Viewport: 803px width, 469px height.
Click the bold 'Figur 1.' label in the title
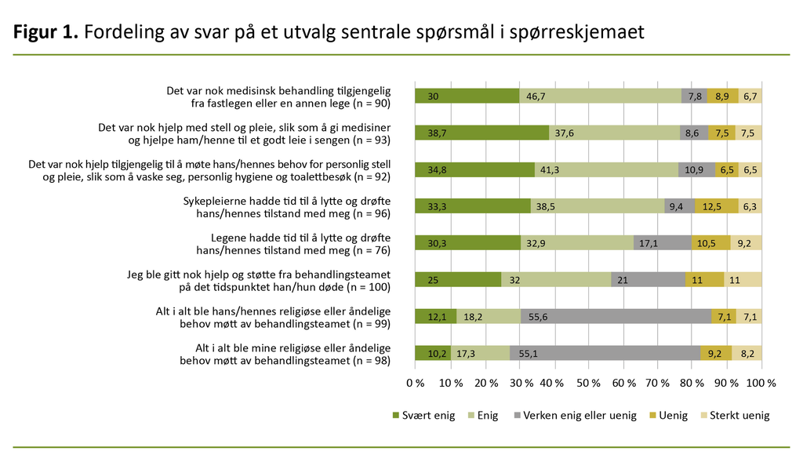[x=45, y=32]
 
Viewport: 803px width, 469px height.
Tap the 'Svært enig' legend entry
[x=423, y=416]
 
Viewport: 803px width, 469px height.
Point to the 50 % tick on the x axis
[x=588, y=384]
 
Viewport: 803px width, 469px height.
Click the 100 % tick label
[x=761, y=384]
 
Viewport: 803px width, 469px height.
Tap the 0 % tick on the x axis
[x=415, y=384]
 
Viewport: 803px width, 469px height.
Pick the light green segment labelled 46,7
[x=600, y=96]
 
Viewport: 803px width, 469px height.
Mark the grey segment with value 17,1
[x=662, y=242]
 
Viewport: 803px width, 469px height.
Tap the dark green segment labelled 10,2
[x=432, y=352]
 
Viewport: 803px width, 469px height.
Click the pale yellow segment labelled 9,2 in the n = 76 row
[x=746, y=242]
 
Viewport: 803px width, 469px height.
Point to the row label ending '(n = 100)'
[x=259, y=279]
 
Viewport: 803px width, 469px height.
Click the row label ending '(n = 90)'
[x=278, y=96]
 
